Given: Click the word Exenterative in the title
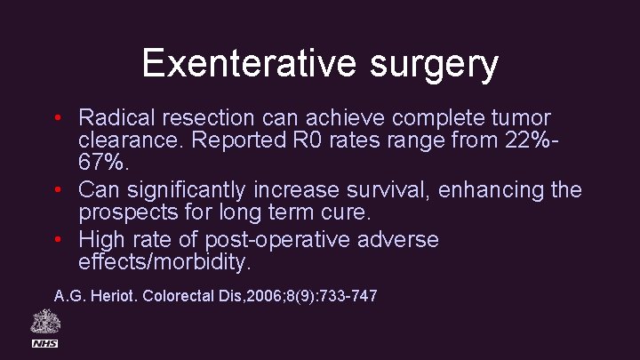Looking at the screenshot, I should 235,63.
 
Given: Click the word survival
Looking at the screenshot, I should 397,189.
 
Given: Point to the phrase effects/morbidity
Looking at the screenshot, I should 165,263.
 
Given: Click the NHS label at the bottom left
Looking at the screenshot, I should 44,343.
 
